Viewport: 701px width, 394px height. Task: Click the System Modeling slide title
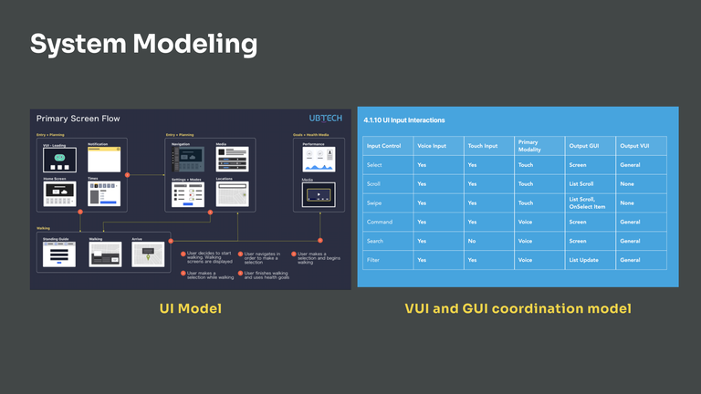(x=143, y=43)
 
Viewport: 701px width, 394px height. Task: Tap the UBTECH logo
(x=327, y=119)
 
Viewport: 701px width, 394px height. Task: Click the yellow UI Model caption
(x=190, y=309)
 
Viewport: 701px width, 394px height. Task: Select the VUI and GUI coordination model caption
(x=518, y=309)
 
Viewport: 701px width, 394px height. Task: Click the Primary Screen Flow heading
(x=78, y=119)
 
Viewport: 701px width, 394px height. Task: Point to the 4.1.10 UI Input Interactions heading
(x=404, y=120)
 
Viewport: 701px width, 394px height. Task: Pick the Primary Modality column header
(x=528, y=145)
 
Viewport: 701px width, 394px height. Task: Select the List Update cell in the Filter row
(x=582, y=260)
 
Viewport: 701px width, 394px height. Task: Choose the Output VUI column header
(x=635, y=146)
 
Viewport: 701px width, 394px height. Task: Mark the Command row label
(x=380, y=222)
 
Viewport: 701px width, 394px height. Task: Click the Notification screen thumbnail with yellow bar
(x=104, y=160)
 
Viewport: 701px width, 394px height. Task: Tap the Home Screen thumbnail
(x=59, y=193)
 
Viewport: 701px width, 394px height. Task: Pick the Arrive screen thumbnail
(x=148, y=254)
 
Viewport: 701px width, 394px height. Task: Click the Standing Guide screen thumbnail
(x=60, y=254)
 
